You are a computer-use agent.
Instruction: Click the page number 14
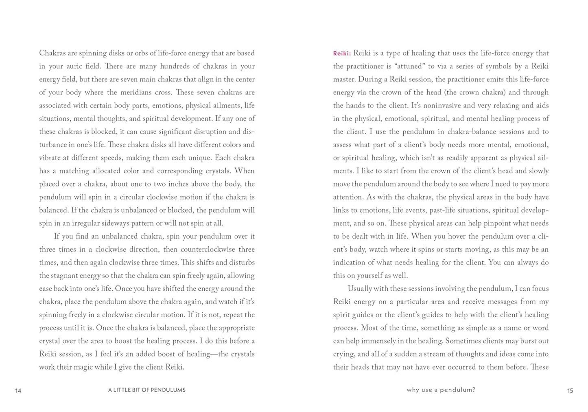click(x=18, y=391)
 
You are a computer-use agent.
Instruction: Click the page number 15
click(x=570, y=391)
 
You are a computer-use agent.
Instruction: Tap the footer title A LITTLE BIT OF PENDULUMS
click(x=146, y=390)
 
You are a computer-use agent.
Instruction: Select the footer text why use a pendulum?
click(x=441, y=390)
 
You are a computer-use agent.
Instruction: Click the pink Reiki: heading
click(x=342, y=53)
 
